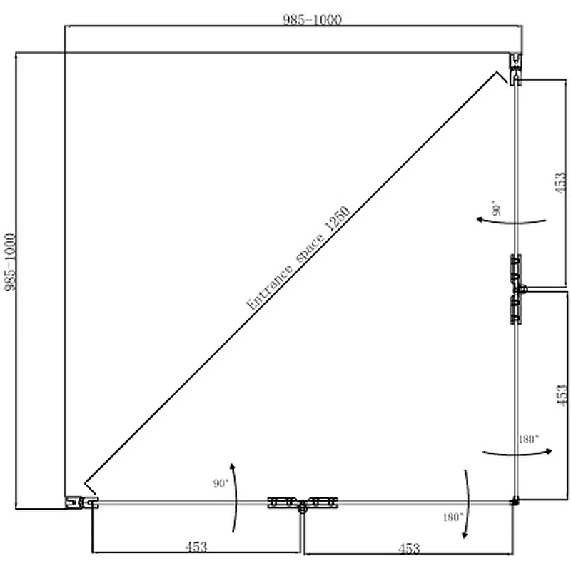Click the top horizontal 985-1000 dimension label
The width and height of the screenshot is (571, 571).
tap(313, 19)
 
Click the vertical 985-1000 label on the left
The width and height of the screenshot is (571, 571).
tap(10, 262)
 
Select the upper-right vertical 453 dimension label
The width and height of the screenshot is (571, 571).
tap(561, 183)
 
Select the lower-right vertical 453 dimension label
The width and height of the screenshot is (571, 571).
tap(562, 395)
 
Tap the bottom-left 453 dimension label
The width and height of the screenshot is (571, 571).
tap(196, 546)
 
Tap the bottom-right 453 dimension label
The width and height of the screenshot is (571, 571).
tap(409, 548)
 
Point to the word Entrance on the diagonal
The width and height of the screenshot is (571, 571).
tap(269, 287)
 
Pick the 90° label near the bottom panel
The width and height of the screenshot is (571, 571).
tap(221, 483)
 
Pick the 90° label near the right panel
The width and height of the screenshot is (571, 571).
tap(496, 208)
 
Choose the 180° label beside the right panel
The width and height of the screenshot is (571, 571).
tap(528, 439)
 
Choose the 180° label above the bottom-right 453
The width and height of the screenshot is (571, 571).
tap(453, 517)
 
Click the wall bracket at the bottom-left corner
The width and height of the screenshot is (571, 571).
tap(82, 502)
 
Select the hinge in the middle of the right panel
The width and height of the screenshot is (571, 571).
tap(517, 289)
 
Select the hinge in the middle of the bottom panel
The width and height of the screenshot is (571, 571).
tap(302, 504)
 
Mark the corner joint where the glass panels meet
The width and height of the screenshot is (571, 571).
tap(515, 502)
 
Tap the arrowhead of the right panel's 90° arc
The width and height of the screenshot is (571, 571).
tap(480, 219)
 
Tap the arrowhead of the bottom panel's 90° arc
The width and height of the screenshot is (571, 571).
tap(232, 467)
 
